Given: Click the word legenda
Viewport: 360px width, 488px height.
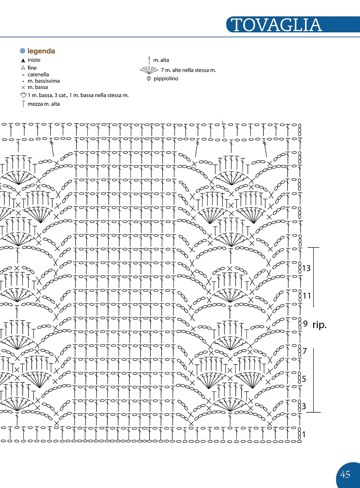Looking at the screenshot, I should tap(41, 51).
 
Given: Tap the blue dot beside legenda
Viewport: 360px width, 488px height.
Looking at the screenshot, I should tap(23, 51).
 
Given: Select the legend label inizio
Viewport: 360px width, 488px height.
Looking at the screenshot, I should tap(34, 60).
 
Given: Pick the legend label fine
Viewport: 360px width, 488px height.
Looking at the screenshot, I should tap(32, 68).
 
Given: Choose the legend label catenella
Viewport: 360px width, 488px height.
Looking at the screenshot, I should tap(38, 75).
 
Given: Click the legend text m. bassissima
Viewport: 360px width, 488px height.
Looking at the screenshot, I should tap(44, 81).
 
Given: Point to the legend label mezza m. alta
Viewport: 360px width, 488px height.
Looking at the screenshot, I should tap(44, 104).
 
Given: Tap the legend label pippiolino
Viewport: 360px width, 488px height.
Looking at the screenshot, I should tap(166, 79).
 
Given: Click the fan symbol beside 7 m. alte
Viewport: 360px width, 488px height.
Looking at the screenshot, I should tap(149, 70).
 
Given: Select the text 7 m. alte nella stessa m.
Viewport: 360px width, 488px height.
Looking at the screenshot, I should tap(188, 70).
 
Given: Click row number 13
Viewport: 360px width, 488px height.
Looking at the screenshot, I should tap(306, 268).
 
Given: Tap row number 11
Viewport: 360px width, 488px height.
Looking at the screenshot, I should tap(307, 296).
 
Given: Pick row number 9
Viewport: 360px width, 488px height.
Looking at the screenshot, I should tap(305, 324).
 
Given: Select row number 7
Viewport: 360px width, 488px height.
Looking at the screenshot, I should tap(305, 351).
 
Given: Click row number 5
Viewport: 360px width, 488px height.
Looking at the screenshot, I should tap(304, 379).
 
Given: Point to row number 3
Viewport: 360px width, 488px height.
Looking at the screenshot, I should tap(304, 407).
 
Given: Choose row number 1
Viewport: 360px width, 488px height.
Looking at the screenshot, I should tap(304, 435).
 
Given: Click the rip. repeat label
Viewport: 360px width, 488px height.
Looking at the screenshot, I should tap(319, 325).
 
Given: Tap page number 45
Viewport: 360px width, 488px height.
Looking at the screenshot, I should tap(345, 474).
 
